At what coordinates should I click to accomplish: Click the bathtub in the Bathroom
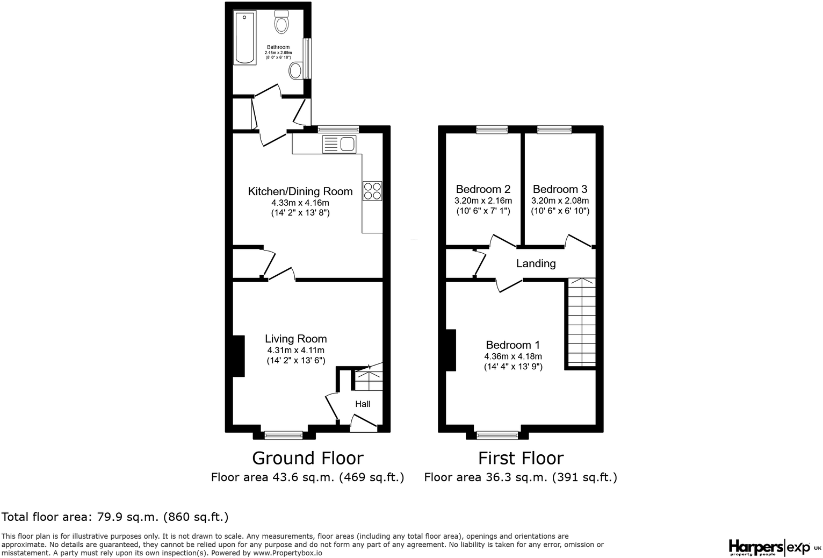245,37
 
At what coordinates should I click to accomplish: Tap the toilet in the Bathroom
281,22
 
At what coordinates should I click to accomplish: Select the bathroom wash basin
295,70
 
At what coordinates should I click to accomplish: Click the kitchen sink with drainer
339,144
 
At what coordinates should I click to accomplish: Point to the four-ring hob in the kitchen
372,191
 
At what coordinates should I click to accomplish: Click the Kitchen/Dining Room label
300,191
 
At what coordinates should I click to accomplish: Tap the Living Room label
295,339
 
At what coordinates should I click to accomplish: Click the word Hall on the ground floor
363,404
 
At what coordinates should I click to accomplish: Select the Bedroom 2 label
483,189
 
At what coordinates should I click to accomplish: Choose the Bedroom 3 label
560,189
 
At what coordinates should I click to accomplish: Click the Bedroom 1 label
512,345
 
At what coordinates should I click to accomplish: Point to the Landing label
536,263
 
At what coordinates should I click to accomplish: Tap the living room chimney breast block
239,356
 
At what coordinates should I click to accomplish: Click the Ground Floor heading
307,458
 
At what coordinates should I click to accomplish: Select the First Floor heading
521,458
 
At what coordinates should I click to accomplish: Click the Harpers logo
755,547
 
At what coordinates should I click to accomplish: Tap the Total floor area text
115,517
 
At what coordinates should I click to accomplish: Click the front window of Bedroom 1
497,434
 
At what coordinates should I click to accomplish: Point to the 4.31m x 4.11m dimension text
295,350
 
